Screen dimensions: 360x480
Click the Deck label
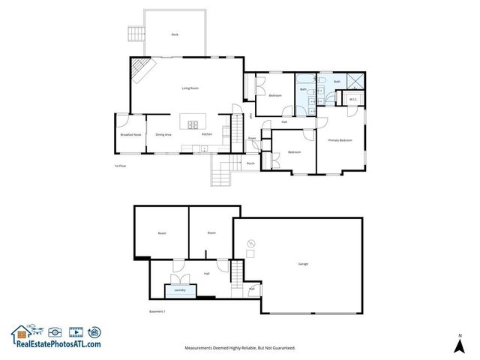(175, 34)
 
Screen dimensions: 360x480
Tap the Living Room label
(190, 88)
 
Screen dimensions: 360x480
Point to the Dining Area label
(163, 135)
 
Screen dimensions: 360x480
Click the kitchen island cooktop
(193, 124)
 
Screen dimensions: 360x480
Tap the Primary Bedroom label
(340, 141)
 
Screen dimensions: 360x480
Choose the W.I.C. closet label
(351, 98)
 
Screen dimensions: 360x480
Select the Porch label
(250, 163)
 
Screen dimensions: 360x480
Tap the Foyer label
(253, 139)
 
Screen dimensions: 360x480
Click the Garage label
(304, 264)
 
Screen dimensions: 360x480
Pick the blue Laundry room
(179, 289)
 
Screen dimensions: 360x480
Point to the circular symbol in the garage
(252, 242)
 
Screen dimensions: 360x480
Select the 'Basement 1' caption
(156, 310)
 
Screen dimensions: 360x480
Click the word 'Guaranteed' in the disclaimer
(281, 348)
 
